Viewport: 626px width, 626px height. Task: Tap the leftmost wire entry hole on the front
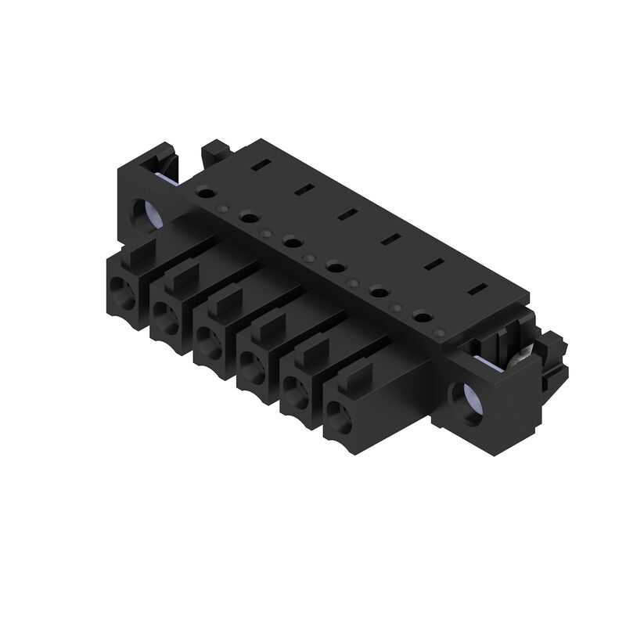[125, 293]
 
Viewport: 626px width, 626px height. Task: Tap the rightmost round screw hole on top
[423, 317]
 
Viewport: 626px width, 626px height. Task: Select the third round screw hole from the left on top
[292, 242]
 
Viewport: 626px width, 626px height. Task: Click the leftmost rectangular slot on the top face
[260, 165]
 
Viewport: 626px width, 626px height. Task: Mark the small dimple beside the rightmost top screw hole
[440, 333]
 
